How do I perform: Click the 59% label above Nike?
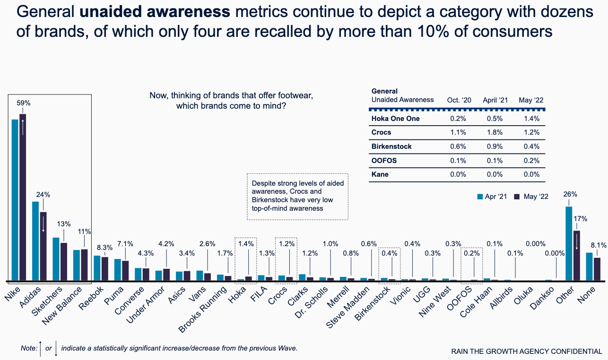[x=24, y=103]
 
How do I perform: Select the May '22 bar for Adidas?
[x=43, y=246]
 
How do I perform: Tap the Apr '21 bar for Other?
[x=569, y=243]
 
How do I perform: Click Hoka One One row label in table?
[x=395, y=119]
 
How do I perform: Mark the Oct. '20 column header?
[x=459, y=100]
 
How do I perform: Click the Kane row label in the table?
[x=380, y=174]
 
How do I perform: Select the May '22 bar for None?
[x=597, y=269]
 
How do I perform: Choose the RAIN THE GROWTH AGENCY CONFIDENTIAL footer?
[x=527, y=351]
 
